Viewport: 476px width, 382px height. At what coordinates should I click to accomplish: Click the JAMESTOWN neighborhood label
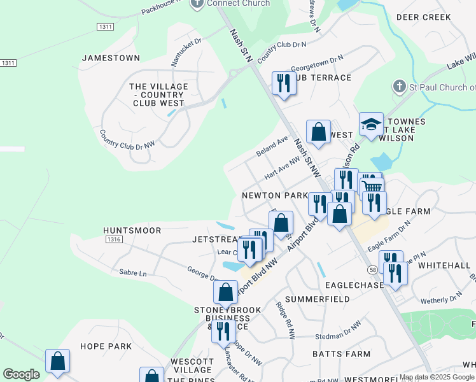click(x=111, y=58)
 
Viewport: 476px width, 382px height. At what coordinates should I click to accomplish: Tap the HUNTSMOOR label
click(x=133, y=230)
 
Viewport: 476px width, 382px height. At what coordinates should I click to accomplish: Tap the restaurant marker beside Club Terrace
click(x=283, y=83)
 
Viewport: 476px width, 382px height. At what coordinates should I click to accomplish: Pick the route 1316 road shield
click(x=114, y=239)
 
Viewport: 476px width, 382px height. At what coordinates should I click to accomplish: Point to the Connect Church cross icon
click(x=197, y=3)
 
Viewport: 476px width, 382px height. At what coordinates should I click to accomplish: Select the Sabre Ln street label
click(x=132, y=272)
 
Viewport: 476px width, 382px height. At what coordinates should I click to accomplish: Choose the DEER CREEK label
click(x=423, y=17)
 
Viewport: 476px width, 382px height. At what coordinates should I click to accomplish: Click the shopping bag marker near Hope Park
click(x=58, y=361)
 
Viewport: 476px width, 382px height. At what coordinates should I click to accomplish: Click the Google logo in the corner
click(x=21, y=374)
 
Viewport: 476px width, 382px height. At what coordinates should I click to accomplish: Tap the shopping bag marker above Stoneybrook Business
click(x=226, y=293)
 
